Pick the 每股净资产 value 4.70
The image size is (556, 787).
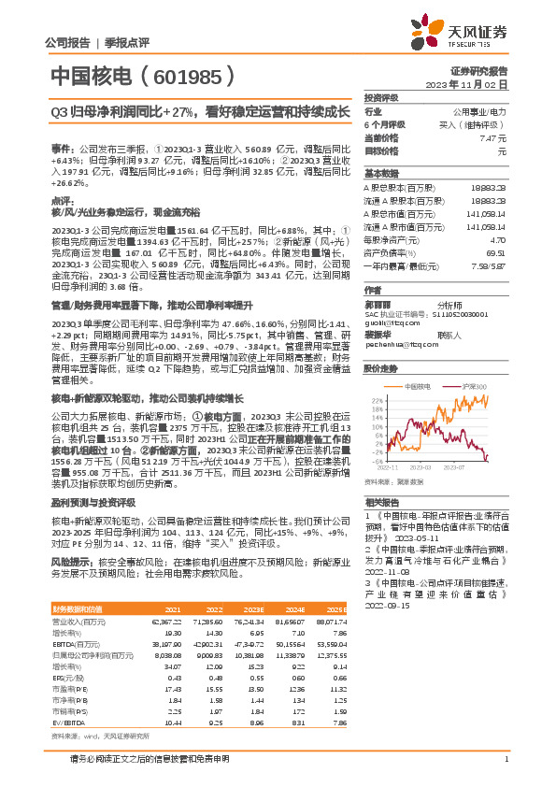point(498,240)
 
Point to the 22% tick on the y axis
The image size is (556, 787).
point(375,399)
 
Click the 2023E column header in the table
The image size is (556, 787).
point(251,608)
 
